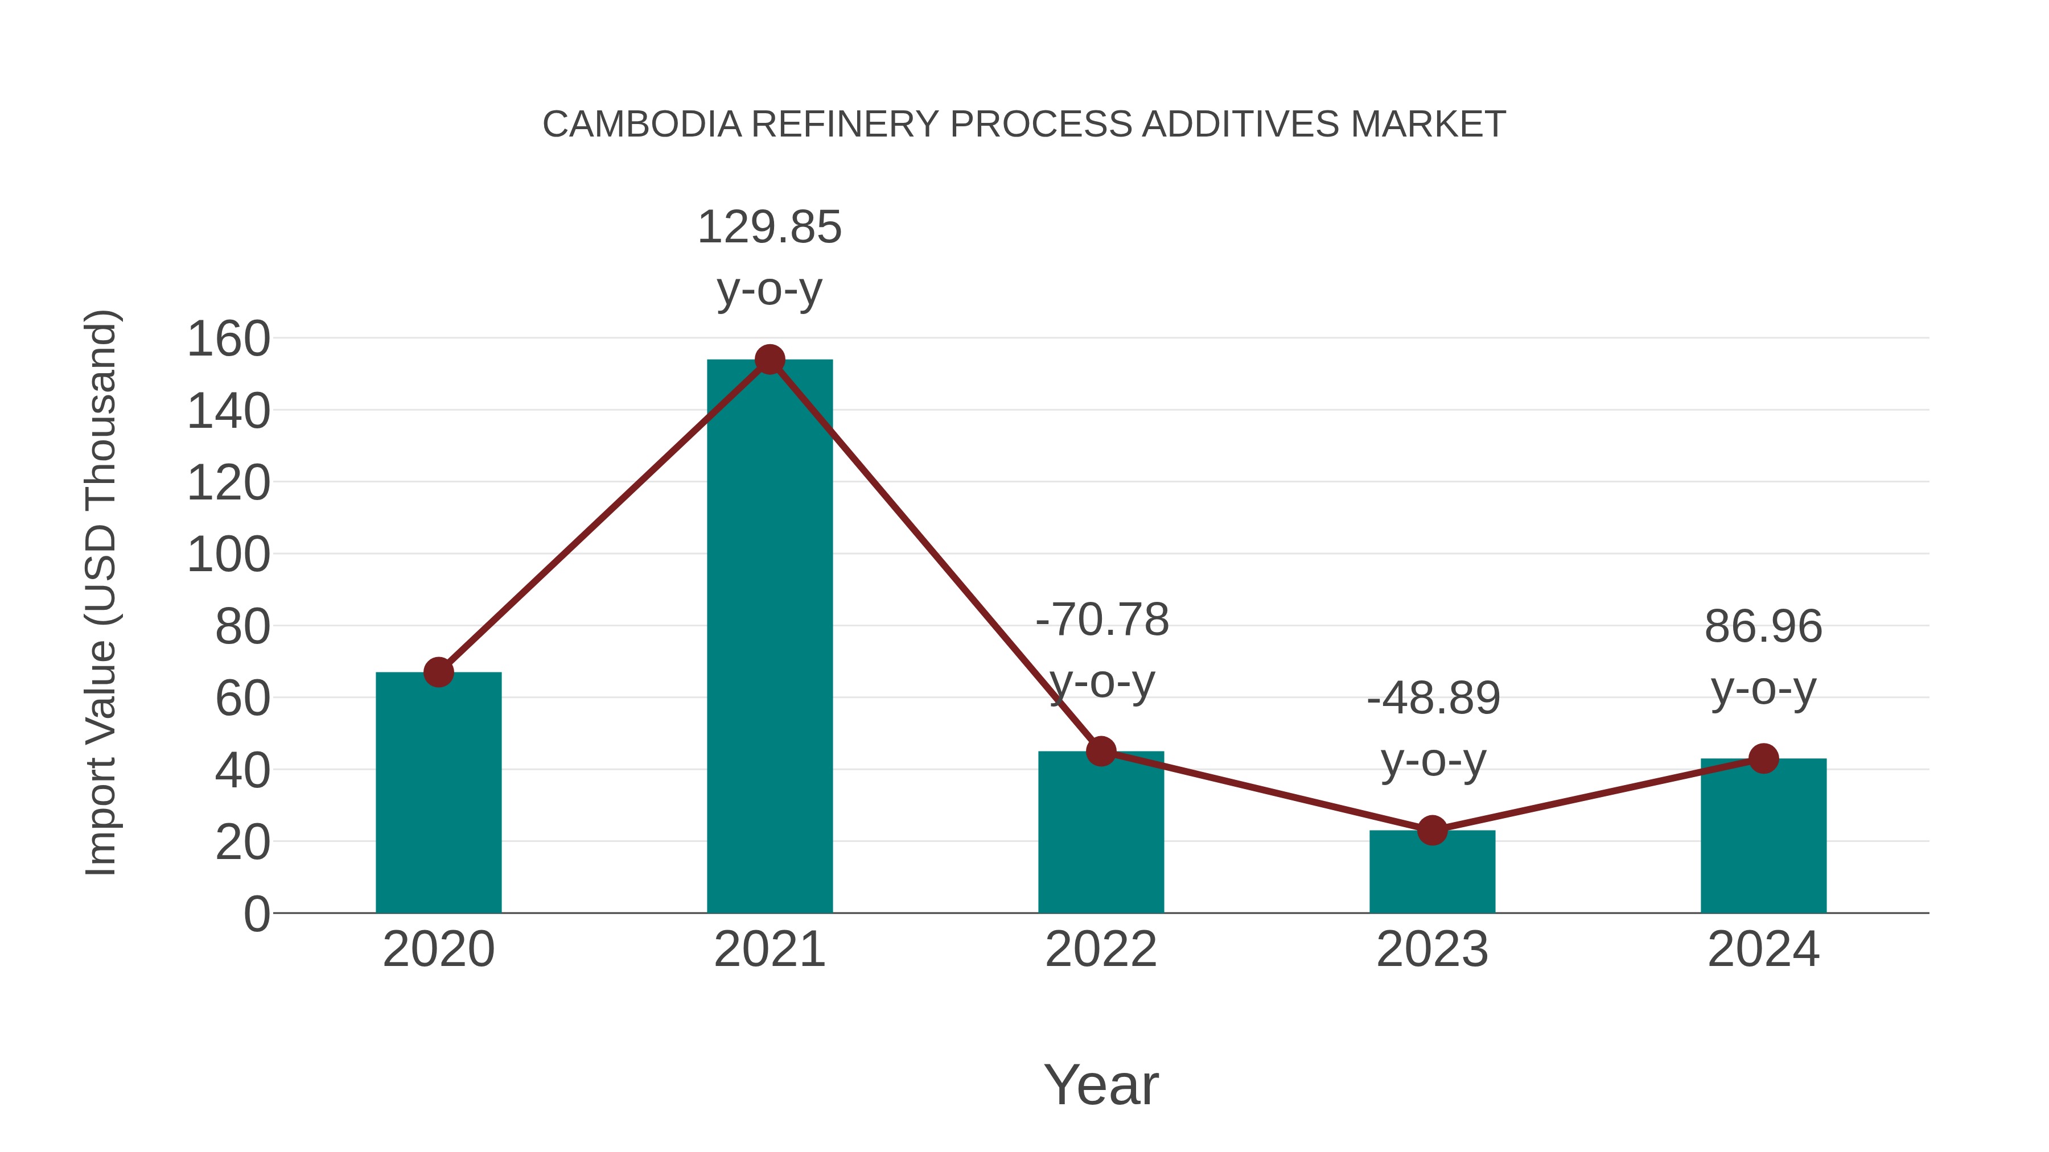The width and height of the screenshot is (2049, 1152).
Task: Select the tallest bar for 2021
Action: pos(769,636)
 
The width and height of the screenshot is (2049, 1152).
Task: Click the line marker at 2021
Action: pos(769,360)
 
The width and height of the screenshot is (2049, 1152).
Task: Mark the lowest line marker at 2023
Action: pos(1432,830)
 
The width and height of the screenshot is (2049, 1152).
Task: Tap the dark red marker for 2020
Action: pos(438,672)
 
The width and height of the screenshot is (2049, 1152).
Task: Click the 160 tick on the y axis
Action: pos(228,340)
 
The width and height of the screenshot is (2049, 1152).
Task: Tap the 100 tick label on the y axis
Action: pos(228,555)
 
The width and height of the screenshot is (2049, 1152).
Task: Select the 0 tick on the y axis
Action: pos(256,914)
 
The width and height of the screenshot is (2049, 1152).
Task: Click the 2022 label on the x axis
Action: pos(1101,949)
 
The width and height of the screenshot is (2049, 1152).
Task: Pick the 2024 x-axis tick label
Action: pos(1763,949)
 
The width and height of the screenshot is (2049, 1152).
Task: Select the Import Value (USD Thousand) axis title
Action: pos(102,592)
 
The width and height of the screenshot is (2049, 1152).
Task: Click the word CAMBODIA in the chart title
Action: pos(641,125)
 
